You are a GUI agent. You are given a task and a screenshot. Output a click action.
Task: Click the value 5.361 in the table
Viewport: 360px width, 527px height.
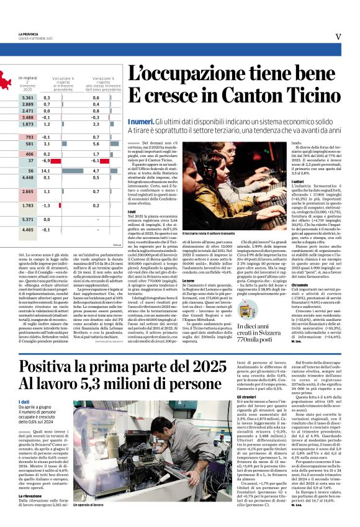(x=28, y=97)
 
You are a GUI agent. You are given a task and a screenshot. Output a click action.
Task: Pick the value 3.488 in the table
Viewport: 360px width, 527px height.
(x=28, y=117)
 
